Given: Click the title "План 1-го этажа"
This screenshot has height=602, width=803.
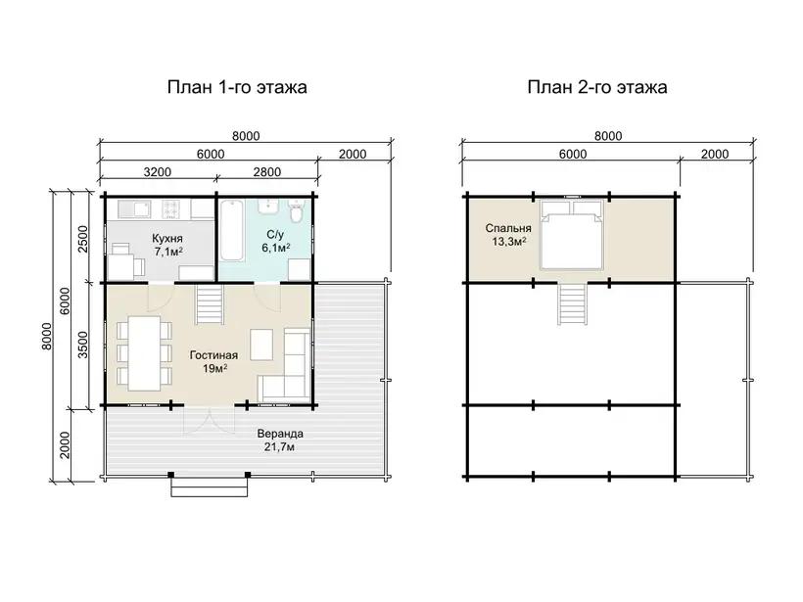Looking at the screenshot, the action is tap(237, 87).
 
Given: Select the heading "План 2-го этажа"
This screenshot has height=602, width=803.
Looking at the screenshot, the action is tap(597, 87).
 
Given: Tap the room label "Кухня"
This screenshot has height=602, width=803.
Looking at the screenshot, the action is tap(167, 239).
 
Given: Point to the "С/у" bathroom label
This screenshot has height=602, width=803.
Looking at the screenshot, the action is tap(275, 235).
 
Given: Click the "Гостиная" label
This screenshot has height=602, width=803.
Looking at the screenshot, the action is tap(213, 355).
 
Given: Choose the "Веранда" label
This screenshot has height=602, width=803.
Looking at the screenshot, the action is tap(280, 434).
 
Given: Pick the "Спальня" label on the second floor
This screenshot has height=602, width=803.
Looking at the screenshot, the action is tap(508, 228).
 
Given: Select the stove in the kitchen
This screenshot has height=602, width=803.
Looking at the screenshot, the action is tap(172, 208).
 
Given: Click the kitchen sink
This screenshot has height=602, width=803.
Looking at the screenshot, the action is tap(134, 208).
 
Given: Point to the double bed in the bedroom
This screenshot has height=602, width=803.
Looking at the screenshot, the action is tap(572, 235).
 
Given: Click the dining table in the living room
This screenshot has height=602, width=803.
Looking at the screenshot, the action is tap(144, 353).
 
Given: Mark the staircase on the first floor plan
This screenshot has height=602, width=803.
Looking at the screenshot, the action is tap(209, 304).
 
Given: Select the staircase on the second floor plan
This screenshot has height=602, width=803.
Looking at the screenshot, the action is tap(573, 304).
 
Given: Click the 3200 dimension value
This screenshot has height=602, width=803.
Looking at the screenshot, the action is tap(158, 172).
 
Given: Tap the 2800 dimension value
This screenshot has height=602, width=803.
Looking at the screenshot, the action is tap(266, 172).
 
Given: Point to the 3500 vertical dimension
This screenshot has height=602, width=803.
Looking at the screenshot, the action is tap(82, 345).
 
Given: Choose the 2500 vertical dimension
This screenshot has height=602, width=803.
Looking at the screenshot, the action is tap(82, 239).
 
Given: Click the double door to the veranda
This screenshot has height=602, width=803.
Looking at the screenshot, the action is tap(209, 420).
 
